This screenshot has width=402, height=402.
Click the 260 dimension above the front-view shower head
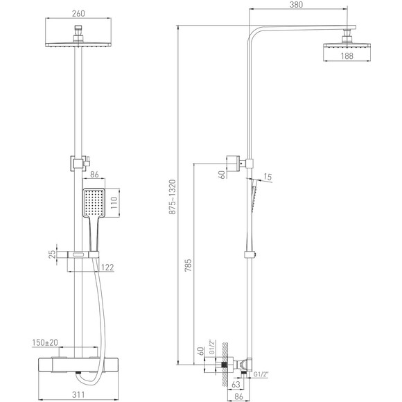click(78, 13)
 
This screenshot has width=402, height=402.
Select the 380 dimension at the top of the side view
click(296, 5)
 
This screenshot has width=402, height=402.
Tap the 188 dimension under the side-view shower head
click(347, 56)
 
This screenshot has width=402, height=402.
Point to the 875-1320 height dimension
click(173, 197)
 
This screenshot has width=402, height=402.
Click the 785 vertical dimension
click(188, 265)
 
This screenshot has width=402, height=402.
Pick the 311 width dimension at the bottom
click(78, 395)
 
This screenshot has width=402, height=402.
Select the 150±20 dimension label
click(45, 342)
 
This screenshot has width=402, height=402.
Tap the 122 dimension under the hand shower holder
click(107, 268)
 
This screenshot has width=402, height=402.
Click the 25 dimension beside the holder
click(52, 254)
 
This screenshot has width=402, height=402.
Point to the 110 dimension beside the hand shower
click(114, 202)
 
